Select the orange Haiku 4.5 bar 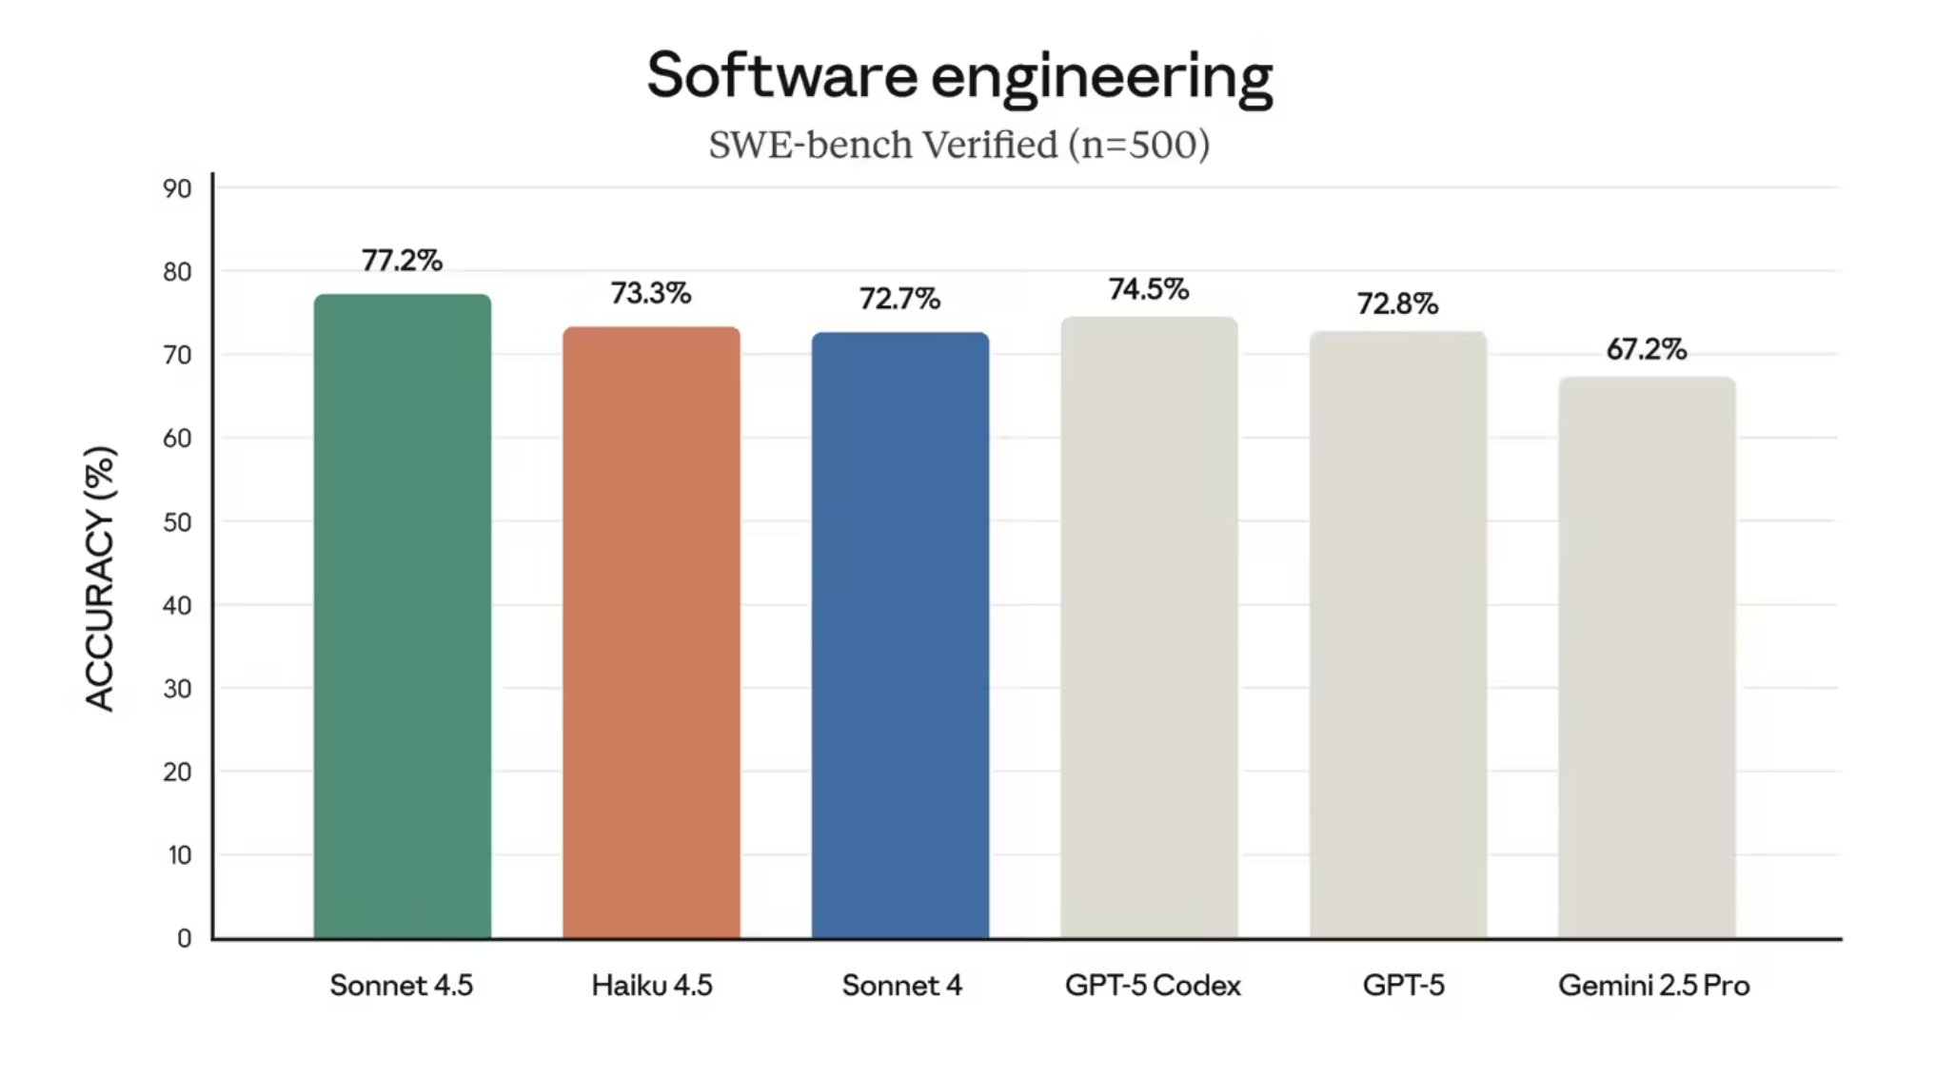651,633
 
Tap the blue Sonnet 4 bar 900,636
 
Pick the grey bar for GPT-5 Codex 1149,628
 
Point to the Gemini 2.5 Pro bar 1647,657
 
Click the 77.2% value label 402,261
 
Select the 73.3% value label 651,293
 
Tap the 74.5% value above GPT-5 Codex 1149,289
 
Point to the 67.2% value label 1647,349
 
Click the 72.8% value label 1397,304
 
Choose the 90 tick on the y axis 177,188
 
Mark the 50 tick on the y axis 177,522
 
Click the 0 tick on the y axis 184,939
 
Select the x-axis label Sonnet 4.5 401,986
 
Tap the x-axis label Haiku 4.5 651,986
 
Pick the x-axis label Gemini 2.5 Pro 1653,986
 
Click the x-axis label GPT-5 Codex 1153,986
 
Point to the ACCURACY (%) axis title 100,578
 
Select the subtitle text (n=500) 1138,145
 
